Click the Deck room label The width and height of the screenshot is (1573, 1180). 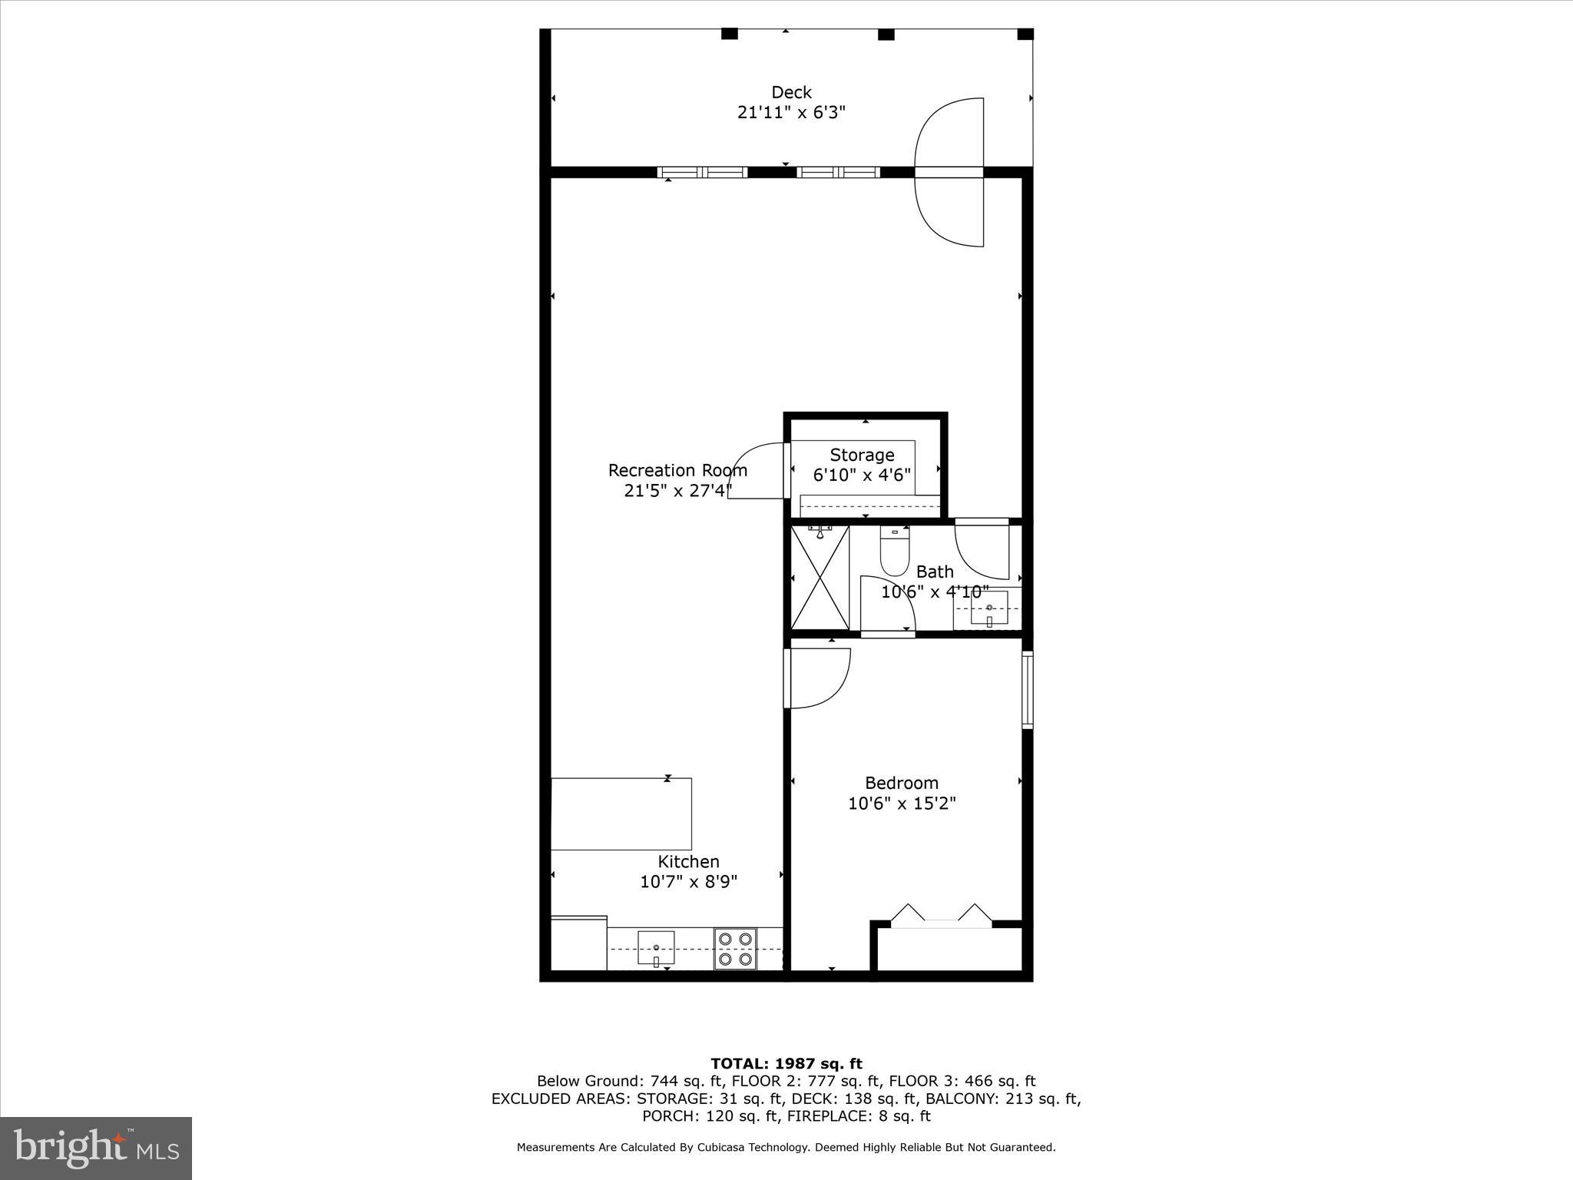coord(791,92)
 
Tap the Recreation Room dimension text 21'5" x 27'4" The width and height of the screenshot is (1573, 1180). coord(677,490)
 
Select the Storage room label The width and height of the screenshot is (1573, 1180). coord(862,455)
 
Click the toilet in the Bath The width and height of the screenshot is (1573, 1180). coord(894,553)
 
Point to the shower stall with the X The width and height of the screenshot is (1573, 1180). coord(820,578)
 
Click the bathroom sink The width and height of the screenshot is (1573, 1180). coord(989,608)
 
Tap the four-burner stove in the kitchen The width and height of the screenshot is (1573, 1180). coord(735,949)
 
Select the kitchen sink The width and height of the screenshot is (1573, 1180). coord(656,948)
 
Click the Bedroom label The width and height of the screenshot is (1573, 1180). coord(902,783)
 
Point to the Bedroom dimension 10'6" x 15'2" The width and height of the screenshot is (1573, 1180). coord(902,804)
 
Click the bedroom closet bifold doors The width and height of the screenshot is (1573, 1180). coord(941,916)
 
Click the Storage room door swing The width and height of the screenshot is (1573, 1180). coord(756,472)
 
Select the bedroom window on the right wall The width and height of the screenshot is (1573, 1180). coord(1027,689)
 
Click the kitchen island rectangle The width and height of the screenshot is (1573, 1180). coord(621,814)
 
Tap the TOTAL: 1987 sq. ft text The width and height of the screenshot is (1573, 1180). coord(786,1063)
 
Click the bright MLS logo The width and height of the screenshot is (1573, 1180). coord(95,1149)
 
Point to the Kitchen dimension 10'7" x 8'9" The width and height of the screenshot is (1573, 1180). coord(688,882)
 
